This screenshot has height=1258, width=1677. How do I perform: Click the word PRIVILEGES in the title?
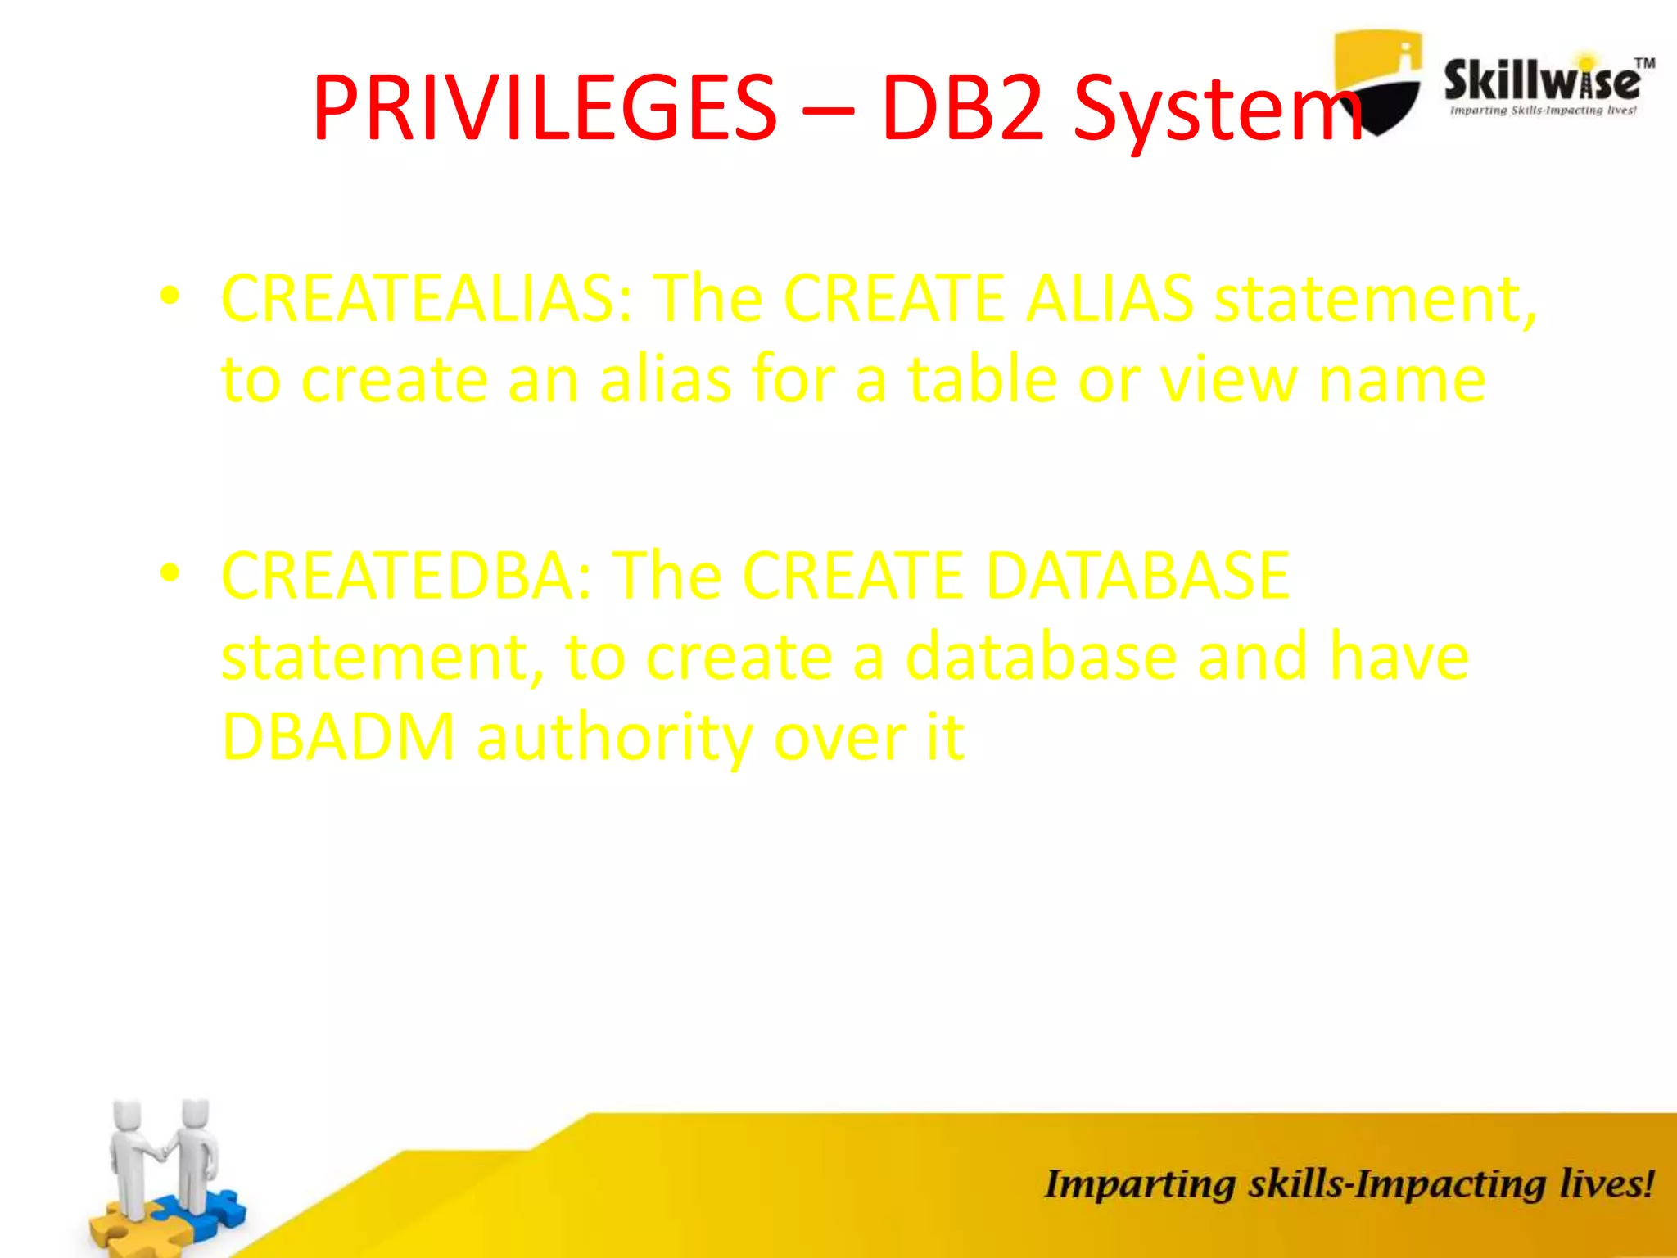tap(544, 108)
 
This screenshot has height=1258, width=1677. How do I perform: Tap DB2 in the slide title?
tap(963, 108)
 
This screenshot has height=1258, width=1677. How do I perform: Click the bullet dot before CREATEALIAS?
tap(170, 296)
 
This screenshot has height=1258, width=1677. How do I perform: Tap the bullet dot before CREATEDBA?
tap(170, 572)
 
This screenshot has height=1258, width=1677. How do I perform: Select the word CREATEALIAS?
tap(427, 298)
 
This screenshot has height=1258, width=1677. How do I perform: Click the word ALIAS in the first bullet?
tap(1110, 298)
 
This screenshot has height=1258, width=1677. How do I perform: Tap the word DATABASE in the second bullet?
tap(1138, 575)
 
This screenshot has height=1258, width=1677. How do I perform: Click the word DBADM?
tap(338, 736)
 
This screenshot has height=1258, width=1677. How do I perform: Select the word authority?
tap(613, 738)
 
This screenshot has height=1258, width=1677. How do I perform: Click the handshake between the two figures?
tap(161, 1152)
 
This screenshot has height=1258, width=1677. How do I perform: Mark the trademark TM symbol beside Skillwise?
tap(1644, 63)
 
